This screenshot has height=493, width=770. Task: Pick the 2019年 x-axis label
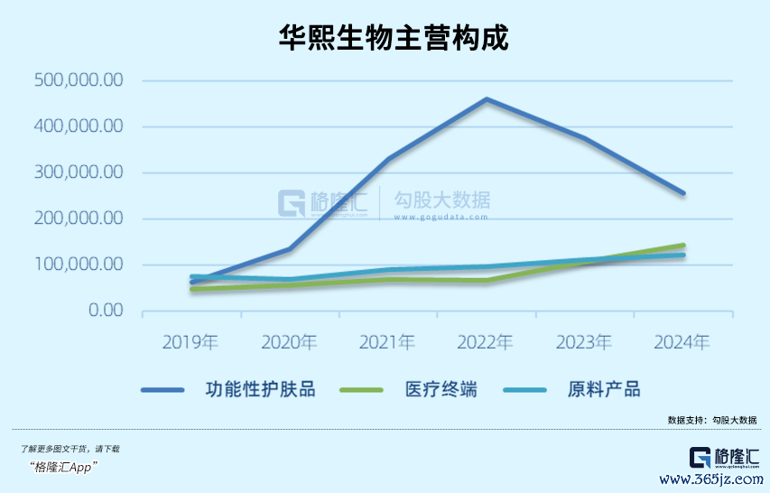tap(190, 343)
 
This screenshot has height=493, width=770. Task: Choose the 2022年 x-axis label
tap(486, 343)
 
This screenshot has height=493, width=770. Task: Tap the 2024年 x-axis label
tap(682, 343)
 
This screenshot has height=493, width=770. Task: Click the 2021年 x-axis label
tap(387, 343)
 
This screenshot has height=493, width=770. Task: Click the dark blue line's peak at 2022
tap(487, 99)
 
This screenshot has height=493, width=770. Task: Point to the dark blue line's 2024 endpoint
tap(683, 193)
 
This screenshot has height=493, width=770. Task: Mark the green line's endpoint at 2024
tap(683, 245)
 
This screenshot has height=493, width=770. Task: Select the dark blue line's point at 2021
tap(388, 159)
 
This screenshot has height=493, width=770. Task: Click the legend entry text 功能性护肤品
tap(261, 390)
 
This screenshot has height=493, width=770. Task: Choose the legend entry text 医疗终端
tap(441, 390)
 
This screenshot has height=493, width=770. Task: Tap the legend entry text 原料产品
tap(604, 390)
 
